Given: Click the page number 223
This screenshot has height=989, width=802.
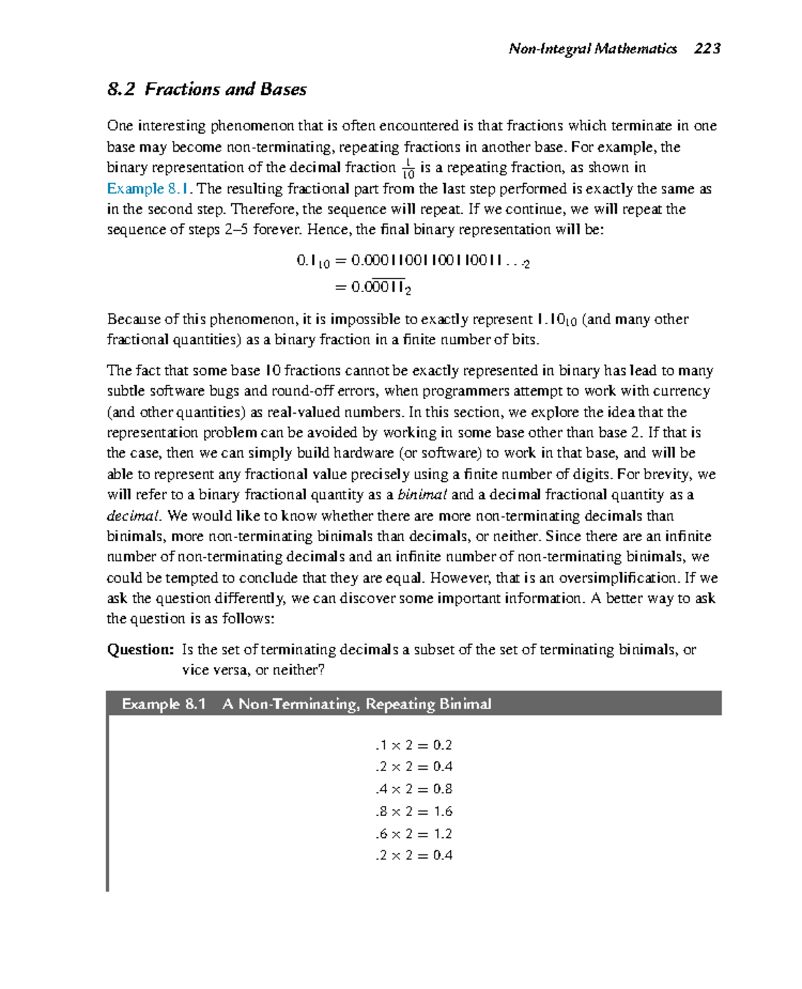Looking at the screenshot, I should (707, 48).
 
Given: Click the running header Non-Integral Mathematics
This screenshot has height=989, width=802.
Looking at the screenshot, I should (592, 48).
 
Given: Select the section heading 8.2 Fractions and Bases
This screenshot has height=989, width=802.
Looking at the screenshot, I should (207, 90).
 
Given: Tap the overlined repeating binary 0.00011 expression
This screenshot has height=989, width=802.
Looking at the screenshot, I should (373, 287).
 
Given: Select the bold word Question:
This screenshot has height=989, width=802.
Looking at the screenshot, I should (140, 650).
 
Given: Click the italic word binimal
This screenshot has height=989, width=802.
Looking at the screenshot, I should (422, 495).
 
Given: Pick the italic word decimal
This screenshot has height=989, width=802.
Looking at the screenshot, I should (134, 516).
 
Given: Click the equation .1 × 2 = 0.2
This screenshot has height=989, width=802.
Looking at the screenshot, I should (414, 745).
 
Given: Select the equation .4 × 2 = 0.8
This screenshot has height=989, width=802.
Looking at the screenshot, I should (414, 789).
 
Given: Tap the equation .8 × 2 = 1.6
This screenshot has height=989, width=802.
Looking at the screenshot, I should (414, 811).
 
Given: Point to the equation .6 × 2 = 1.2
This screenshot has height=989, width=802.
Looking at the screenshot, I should (414, 833).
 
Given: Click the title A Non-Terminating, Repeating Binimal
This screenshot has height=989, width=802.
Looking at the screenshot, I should (357, 704).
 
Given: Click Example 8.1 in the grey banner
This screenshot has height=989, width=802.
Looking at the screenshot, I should (164, 704).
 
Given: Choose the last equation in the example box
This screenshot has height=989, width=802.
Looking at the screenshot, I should (414, 855).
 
